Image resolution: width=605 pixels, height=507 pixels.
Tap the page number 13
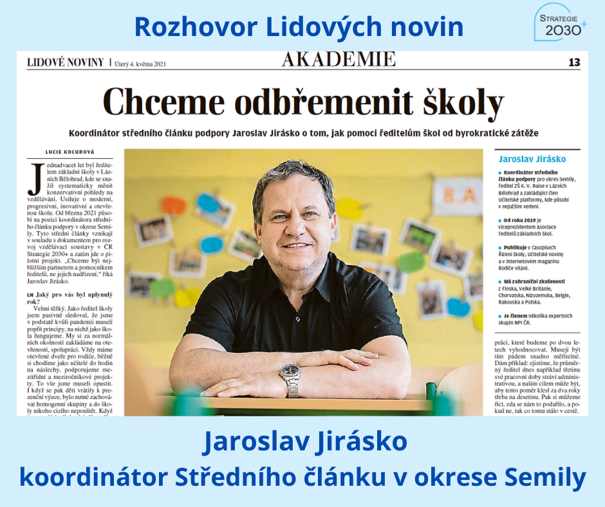coord(573,62)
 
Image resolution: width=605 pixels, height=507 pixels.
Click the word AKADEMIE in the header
coord(339,60)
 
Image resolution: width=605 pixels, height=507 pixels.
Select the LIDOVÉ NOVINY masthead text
coord(65,62)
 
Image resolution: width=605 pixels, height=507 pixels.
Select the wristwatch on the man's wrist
coord(290,378)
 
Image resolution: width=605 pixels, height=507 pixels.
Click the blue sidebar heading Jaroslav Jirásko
coord(532,158)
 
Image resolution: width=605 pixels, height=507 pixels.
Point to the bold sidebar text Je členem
coord(519,317)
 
